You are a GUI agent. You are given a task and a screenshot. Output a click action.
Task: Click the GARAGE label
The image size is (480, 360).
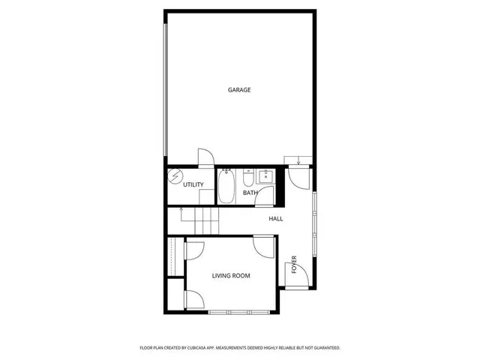pos(239,90)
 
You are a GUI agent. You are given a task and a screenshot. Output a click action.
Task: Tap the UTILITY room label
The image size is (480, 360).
pos(193,184)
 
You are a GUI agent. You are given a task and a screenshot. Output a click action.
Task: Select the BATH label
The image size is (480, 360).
pos(250,193)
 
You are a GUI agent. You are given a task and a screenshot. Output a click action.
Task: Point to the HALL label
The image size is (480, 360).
pos(276,219)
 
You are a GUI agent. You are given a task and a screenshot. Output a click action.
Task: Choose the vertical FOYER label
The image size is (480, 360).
pos(294,265)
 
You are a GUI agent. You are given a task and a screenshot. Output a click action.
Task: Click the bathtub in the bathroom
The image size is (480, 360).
pos(226,187)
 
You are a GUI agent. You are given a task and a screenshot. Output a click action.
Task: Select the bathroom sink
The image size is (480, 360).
pos(265,177)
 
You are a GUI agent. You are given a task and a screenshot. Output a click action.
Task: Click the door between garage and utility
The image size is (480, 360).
pos(205,158)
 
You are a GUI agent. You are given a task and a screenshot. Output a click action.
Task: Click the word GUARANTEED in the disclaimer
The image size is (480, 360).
pos(325,348)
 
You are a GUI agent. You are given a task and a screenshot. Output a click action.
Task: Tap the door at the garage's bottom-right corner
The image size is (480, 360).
pos(298,176)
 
